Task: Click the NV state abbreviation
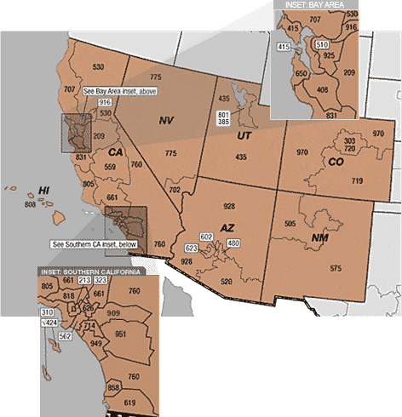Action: pos(166,121)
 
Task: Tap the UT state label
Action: pos(244,135)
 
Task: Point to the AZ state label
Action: pos(227,228)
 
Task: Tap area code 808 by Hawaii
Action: pos(31,204)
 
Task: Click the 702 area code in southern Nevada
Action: pos(175,190)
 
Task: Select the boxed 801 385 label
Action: pos(224,118)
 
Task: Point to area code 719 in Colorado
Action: pos(357,180)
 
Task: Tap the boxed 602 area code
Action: pos(205,236)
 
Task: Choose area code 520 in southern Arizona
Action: pos(226,281)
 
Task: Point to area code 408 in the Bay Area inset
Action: pos(322,89)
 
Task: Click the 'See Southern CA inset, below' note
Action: pos(94,244)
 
